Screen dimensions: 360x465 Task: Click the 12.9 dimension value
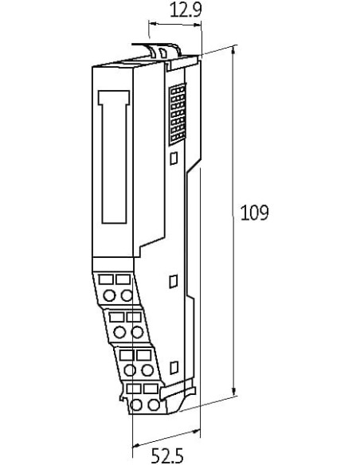click(x=186, y=10)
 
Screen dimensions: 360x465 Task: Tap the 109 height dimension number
click(x=254, y=213)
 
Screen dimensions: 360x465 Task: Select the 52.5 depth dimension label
click(x=167, y=455)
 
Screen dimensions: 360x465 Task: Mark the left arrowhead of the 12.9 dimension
click(x=153, y=24)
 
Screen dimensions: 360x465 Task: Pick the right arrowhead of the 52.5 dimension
click(x=196, y=432)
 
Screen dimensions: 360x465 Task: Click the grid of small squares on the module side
click(x=178, y=114)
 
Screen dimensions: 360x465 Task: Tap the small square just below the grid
click(x=174, y=158)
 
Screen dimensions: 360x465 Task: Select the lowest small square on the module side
click(x=174, y=367)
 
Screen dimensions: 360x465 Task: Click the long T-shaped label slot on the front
click(x=114, y=157)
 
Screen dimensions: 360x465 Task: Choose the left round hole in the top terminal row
click(x=109, y=295)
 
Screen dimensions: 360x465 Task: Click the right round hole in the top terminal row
click(x=127, y=295)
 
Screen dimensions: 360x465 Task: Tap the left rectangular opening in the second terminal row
click(x=116, y=317)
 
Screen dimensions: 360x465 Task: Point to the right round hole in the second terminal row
click(x=137, y=332)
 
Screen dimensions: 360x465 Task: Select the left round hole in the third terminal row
click(x=130, y=370)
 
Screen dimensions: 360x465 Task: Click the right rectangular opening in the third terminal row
click(x=144, y=355)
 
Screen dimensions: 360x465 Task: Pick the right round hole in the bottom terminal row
click(x=154, y=404)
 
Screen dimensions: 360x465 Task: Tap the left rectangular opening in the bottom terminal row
click(x=134, y=389)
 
